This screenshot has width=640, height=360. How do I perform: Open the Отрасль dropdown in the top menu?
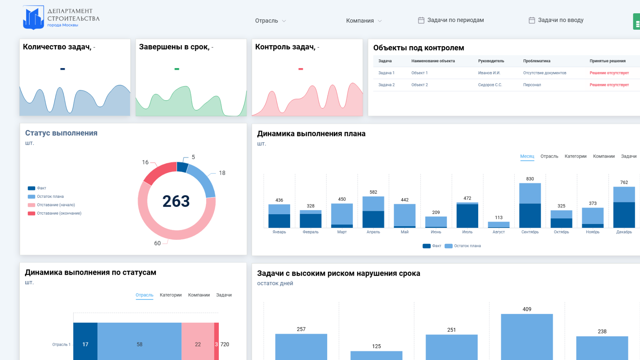[270, 21]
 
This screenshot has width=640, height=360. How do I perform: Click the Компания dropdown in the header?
[364, 21]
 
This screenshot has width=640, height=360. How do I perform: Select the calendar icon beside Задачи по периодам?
[421, 20]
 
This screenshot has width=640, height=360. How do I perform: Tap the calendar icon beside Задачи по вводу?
[532, 20]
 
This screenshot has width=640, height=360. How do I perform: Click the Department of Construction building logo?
[34, 17]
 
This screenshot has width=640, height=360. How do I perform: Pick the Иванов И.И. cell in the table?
[489, 73]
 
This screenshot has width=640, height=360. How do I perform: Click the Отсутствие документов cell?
[545, 73]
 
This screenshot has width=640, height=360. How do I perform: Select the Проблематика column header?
[537, 61]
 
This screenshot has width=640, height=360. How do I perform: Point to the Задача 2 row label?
[386, 85]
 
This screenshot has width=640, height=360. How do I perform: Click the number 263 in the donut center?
[176, 201]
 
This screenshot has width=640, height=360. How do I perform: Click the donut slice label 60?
[157, 243]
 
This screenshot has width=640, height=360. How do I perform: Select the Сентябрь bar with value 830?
[530, 206]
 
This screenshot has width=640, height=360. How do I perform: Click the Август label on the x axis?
[498, 232]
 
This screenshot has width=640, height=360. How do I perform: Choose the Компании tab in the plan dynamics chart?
[604, 156]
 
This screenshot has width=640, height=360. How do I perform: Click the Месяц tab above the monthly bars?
[527, 156]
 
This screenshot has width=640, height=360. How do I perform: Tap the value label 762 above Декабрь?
[624, 182]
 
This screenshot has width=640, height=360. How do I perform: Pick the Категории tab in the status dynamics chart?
[171, 295]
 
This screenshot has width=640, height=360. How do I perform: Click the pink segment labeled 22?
[198, 341]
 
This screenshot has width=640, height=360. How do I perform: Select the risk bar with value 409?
[527, 337]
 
